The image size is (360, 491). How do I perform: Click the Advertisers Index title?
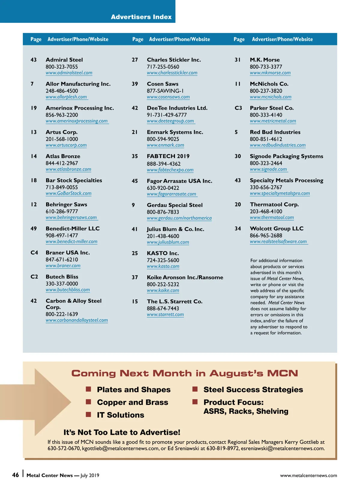[x=141, y=17]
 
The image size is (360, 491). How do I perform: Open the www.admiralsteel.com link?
[x=69, y=73]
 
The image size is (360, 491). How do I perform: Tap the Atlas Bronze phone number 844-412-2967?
[x=62, y=163]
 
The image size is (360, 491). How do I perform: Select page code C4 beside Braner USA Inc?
[x=34, y=252]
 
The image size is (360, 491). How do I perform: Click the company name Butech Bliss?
[x=62, y=277]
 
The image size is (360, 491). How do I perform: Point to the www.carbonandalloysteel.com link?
[x=77, y=320]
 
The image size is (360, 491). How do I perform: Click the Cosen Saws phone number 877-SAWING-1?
[x=165, y=91]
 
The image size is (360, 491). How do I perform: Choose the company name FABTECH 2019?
[x=168, y=156]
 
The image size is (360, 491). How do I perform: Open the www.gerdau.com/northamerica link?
[x=179, y=218]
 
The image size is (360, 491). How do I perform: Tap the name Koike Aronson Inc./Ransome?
[x=185, y=277]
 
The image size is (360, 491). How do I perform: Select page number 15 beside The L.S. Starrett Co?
[x=135, y=301]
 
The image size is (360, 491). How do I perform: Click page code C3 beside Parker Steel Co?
[x=238, y=108]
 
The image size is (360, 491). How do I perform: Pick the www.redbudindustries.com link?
[x=277, y=145]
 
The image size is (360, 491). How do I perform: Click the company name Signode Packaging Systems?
[x=286, y=156]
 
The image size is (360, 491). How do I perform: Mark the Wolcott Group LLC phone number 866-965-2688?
[x=266, y=235]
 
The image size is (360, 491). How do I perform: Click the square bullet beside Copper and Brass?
[x=88, y=402]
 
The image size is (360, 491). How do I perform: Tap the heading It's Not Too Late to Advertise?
[x=122, y=432]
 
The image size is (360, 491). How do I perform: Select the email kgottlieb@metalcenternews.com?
[x=120, y=448]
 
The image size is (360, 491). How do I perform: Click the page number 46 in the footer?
[x=15, y=475]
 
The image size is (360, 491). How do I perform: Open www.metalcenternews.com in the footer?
[x=308, y=475]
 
